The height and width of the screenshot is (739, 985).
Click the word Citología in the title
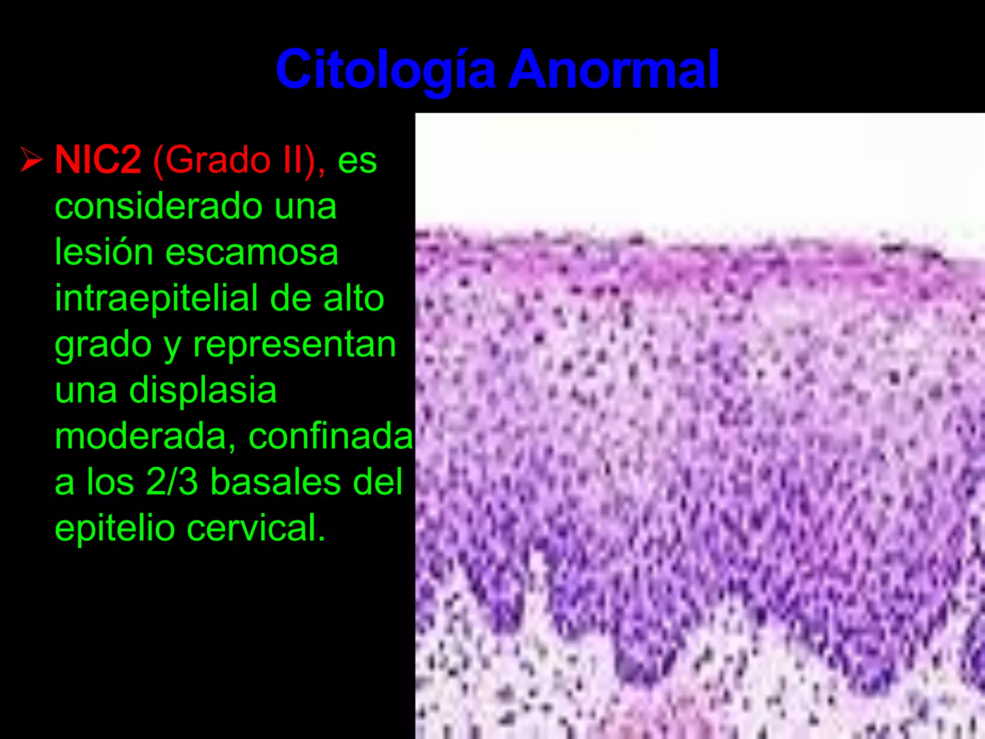[x=385, y=70]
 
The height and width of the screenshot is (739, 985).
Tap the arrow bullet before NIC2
[x=32, y=160]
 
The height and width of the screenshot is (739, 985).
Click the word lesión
[x=104, y=252]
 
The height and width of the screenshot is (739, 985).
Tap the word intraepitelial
[x=156, y=298]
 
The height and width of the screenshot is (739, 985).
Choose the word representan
[x=294, y=344]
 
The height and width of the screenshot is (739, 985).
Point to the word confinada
[x=330, y=436]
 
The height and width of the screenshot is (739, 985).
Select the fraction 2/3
[x=172, y=482]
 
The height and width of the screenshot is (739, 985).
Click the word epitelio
[x=114, y=528]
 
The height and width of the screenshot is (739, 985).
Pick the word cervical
[x=255, y=528]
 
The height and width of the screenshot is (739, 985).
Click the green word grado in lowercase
[x=103, y=344]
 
